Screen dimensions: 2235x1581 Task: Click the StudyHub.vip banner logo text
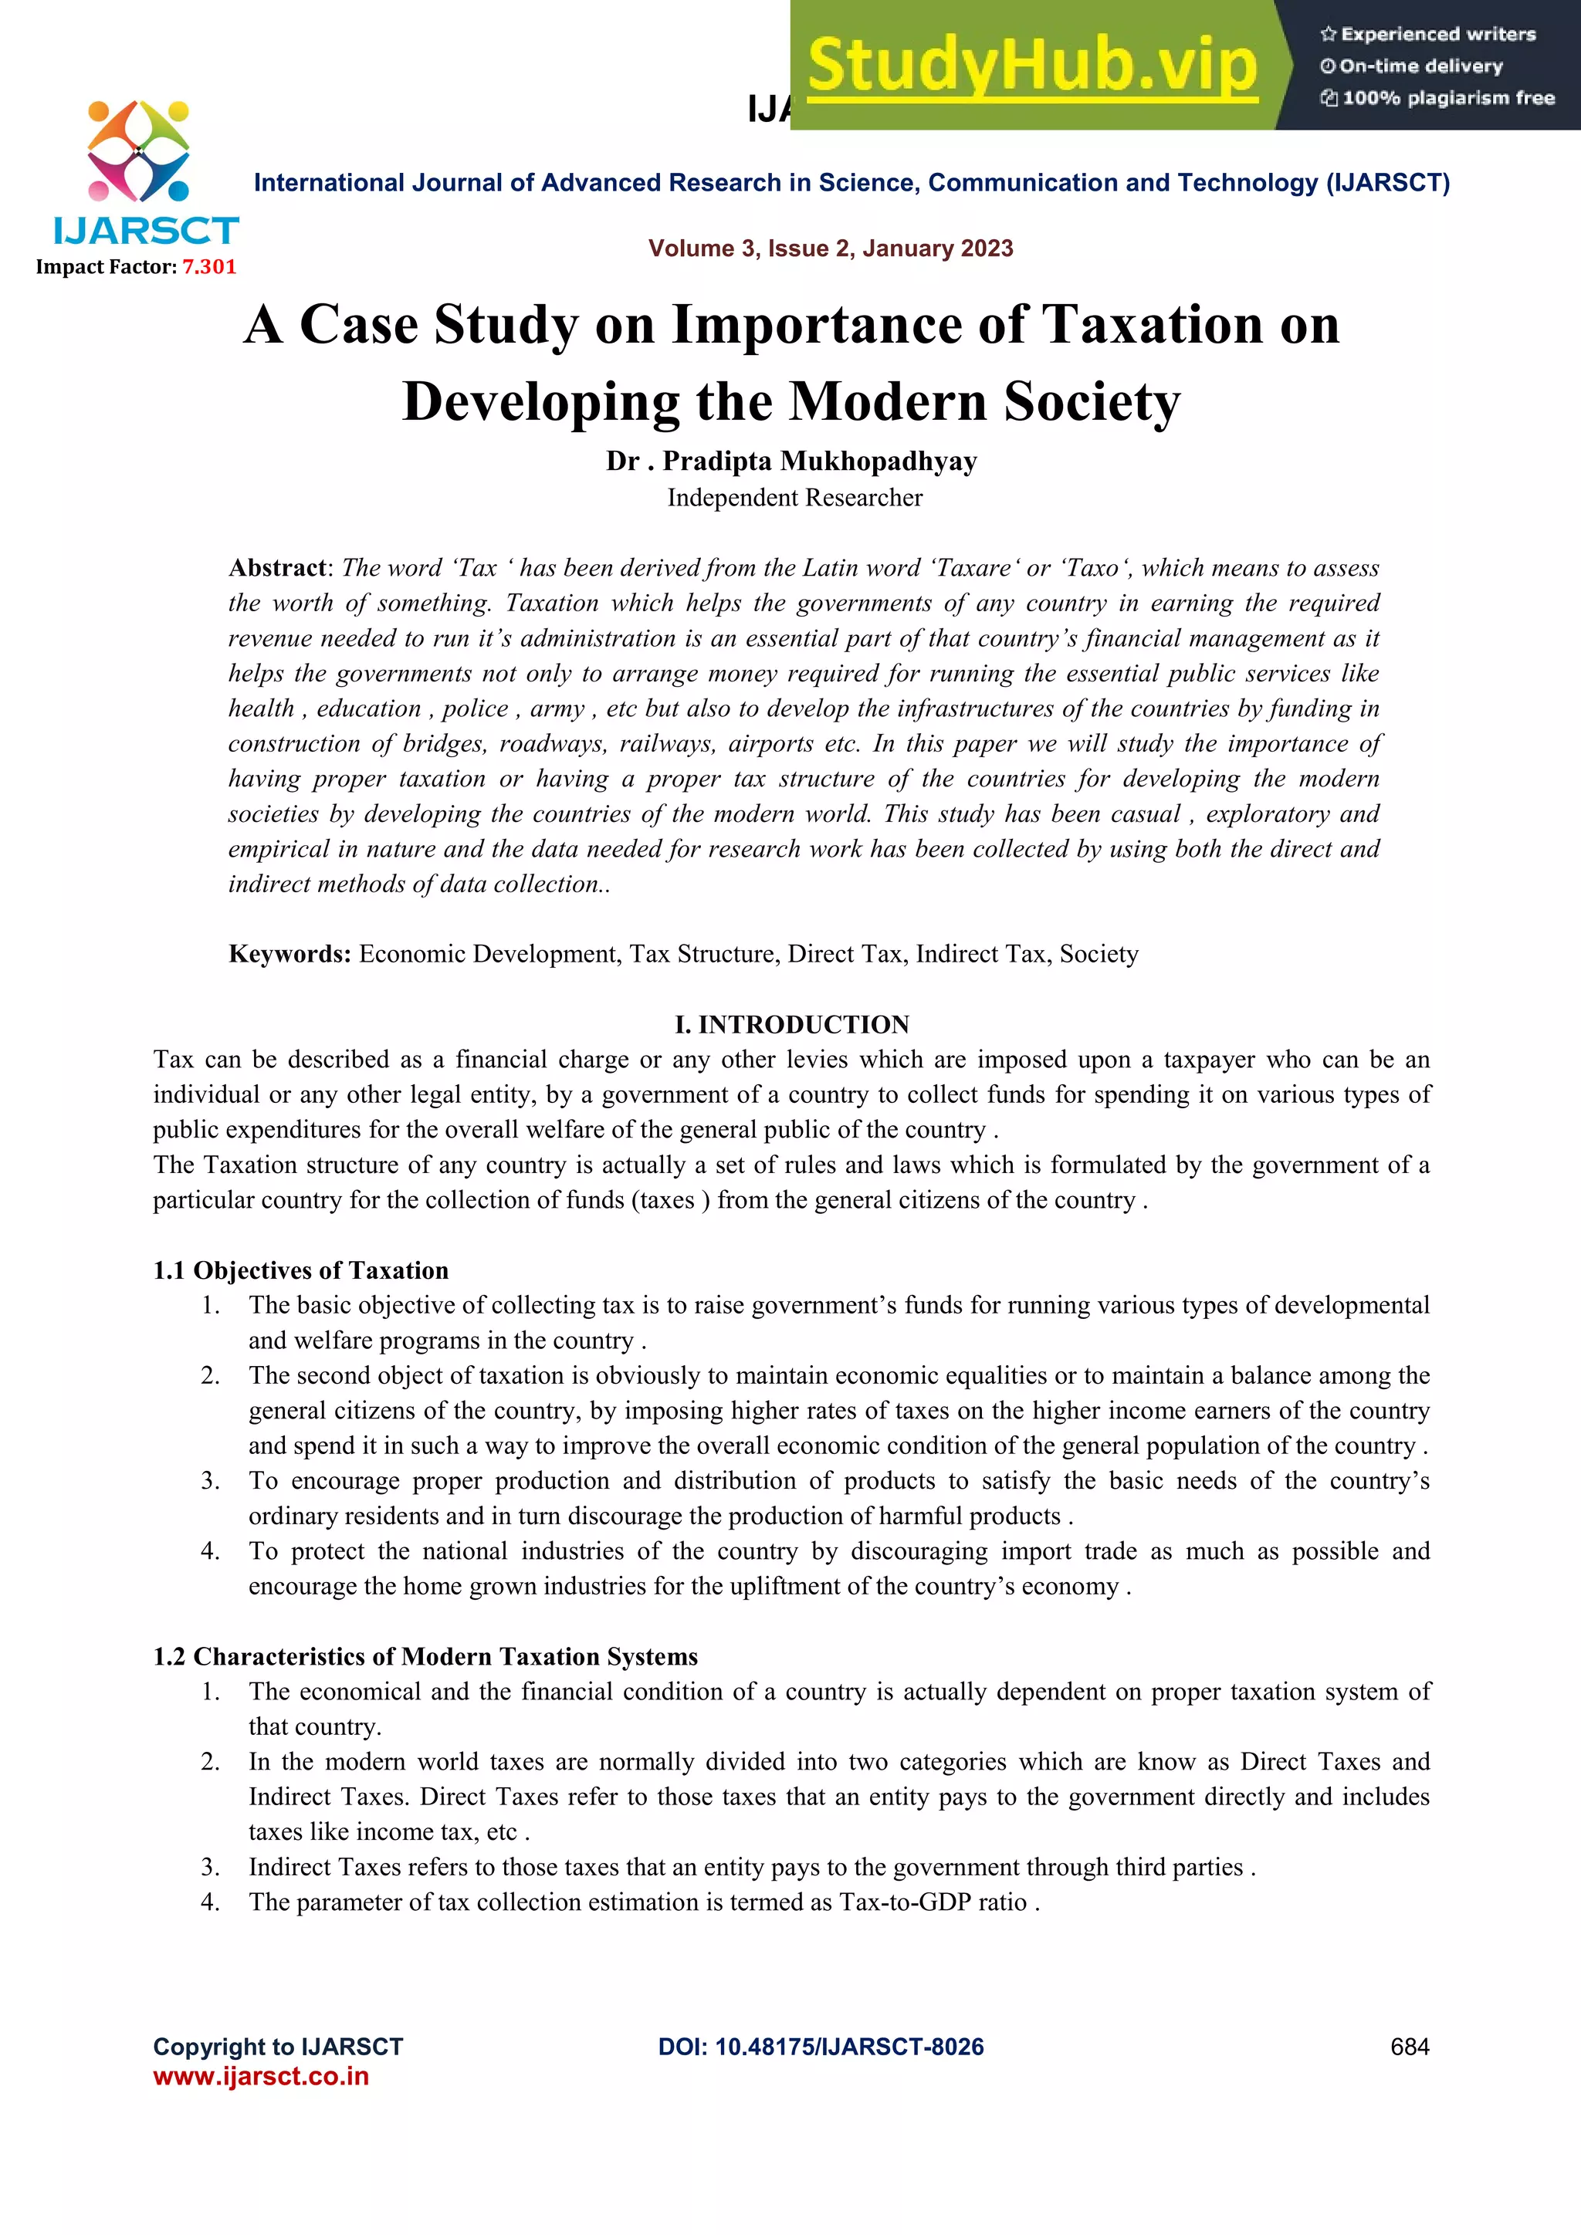coord(1032,66)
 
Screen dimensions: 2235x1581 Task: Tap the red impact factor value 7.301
coord(209,267)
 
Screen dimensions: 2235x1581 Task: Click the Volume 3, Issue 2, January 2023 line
coord(831,249)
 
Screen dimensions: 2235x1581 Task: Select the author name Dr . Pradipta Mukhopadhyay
coord(790,461)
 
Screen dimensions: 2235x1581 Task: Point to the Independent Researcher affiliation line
coord(794,498)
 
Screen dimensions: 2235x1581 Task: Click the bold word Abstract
coord(276,567)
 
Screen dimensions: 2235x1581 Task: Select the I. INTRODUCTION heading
coord(791,1024)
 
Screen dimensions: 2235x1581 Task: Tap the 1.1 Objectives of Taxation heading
coord(301,1270)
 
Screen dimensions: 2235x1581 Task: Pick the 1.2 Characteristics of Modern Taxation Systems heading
coord(425,1656)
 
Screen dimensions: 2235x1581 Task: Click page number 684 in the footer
coord(1409,2046)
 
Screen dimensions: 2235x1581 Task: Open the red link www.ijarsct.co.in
coord(261,2076)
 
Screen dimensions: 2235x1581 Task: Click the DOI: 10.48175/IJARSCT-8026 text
coord(821,2046)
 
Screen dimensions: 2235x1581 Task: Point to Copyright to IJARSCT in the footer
coord(277,2046)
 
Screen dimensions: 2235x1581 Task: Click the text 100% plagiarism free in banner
coord(1447,98)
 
